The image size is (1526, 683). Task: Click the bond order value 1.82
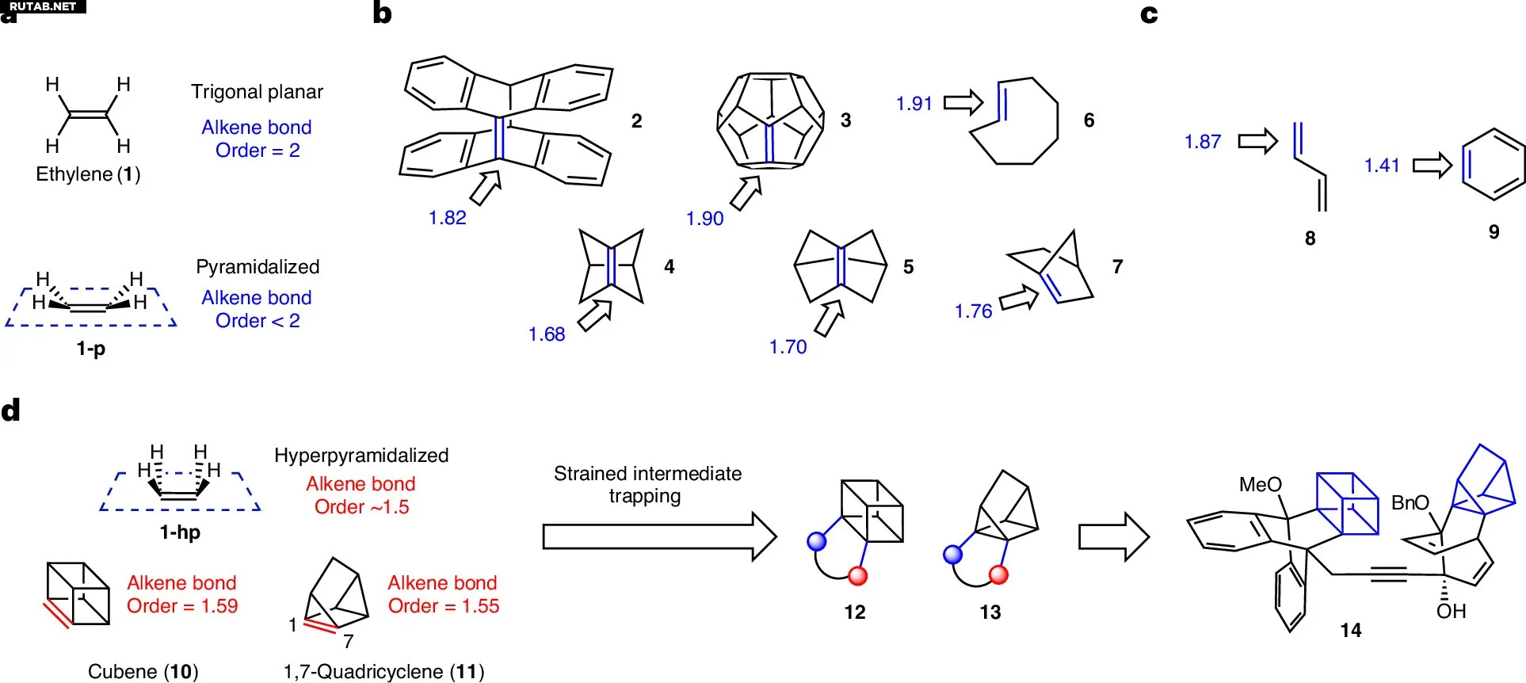(447, 218)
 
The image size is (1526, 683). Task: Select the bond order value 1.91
(914, 104)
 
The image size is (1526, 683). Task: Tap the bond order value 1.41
(1381, 166)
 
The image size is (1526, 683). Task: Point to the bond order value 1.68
(547, 334)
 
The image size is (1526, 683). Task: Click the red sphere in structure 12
(857, 576)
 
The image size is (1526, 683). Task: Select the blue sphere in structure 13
(953, 554)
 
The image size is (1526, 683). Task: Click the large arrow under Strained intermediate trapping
(658, 536)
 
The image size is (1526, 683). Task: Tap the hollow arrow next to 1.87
(1257, 141)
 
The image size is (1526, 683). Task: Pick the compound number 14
(1350, 631)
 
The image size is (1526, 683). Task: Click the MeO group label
(1260, 485)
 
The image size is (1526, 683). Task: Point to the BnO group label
(1410, 503)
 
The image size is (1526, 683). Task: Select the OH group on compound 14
(1451, 612)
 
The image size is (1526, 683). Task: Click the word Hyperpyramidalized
(361, 456)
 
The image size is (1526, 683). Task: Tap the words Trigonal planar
(257, 92)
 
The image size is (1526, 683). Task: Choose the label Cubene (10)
(143, 672)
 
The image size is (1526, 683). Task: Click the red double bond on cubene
(57, 615)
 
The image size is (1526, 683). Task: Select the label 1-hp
(180, 532)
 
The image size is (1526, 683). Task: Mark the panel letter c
(1149, 14)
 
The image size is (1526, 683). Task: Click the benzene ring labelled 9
(1493, 165)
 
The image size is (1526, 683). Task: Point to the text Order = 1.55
(444, 606)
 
